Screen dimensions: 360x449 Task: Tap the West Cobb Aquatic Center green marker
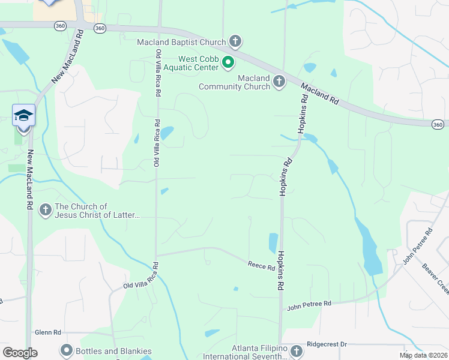tap(228, 62)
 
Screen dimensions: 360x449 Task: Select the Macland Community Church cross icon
tap(279, 82)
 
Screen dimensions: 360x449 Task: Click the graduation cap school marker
tap(23, 115)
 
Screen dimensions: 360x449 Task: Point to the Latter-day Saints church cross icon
tap(46, 210)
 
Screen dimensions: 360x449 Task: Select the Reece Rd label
tap(262, 265)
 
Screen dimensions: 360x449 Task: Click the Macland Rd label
tap(320, 95)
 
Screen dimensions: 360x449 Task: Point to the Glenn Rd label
tap(48, 332)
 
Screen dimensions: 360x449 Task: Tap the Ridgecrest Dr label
tap(327, 344)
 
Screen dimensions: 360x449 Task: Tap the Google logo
tap(20, 353)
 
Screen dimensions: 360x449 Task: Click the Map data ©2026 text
tap(424, 355)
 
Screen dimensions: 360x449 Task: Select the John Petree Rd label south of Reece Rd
tap(309, 305)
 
